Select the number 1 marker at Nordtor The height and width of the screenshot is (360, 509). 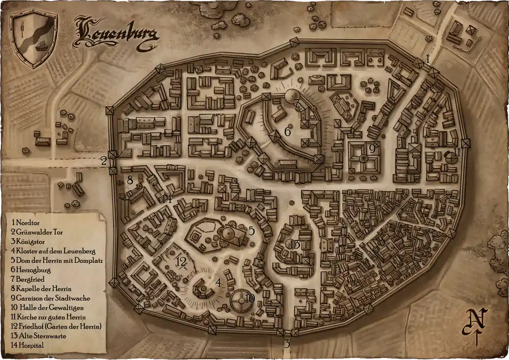pyautogui.click(x=428, y=57)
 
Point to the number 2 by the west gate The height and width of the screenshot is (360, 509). pyautogui.click(x=103, y=161)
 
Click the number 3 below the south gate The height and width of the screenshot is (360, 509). pyautogui.click(x=287, y=343)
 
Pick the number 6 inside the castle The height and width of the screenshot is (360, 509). pyautogui.click(x=288, y=131)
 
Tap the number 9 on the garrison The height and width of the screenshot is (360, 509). pyautogui.click(x=372, y=149)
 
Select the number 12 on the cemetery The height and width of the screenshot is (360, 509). pyautogui.click(x=181, y=262)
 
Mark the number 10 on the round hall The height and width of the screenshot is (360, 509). pyautogui.click(x=249, y=298)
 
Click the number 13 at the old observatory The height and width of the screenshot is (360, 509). pyautogui.click(x=295, y=245)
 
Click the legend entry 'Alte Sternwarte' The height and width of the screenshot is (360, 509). pyautogui.click(x=38, y=336)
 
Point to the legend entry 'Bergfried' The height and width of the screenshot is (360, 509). pyautogui.click(x=31, y=279)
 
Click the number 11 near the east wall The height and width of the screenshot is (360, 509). pyautogui.click(x=457, y=153)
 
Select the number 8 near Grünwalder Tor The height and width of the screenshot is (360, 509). pyautogui.click(x=129, y=180)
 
